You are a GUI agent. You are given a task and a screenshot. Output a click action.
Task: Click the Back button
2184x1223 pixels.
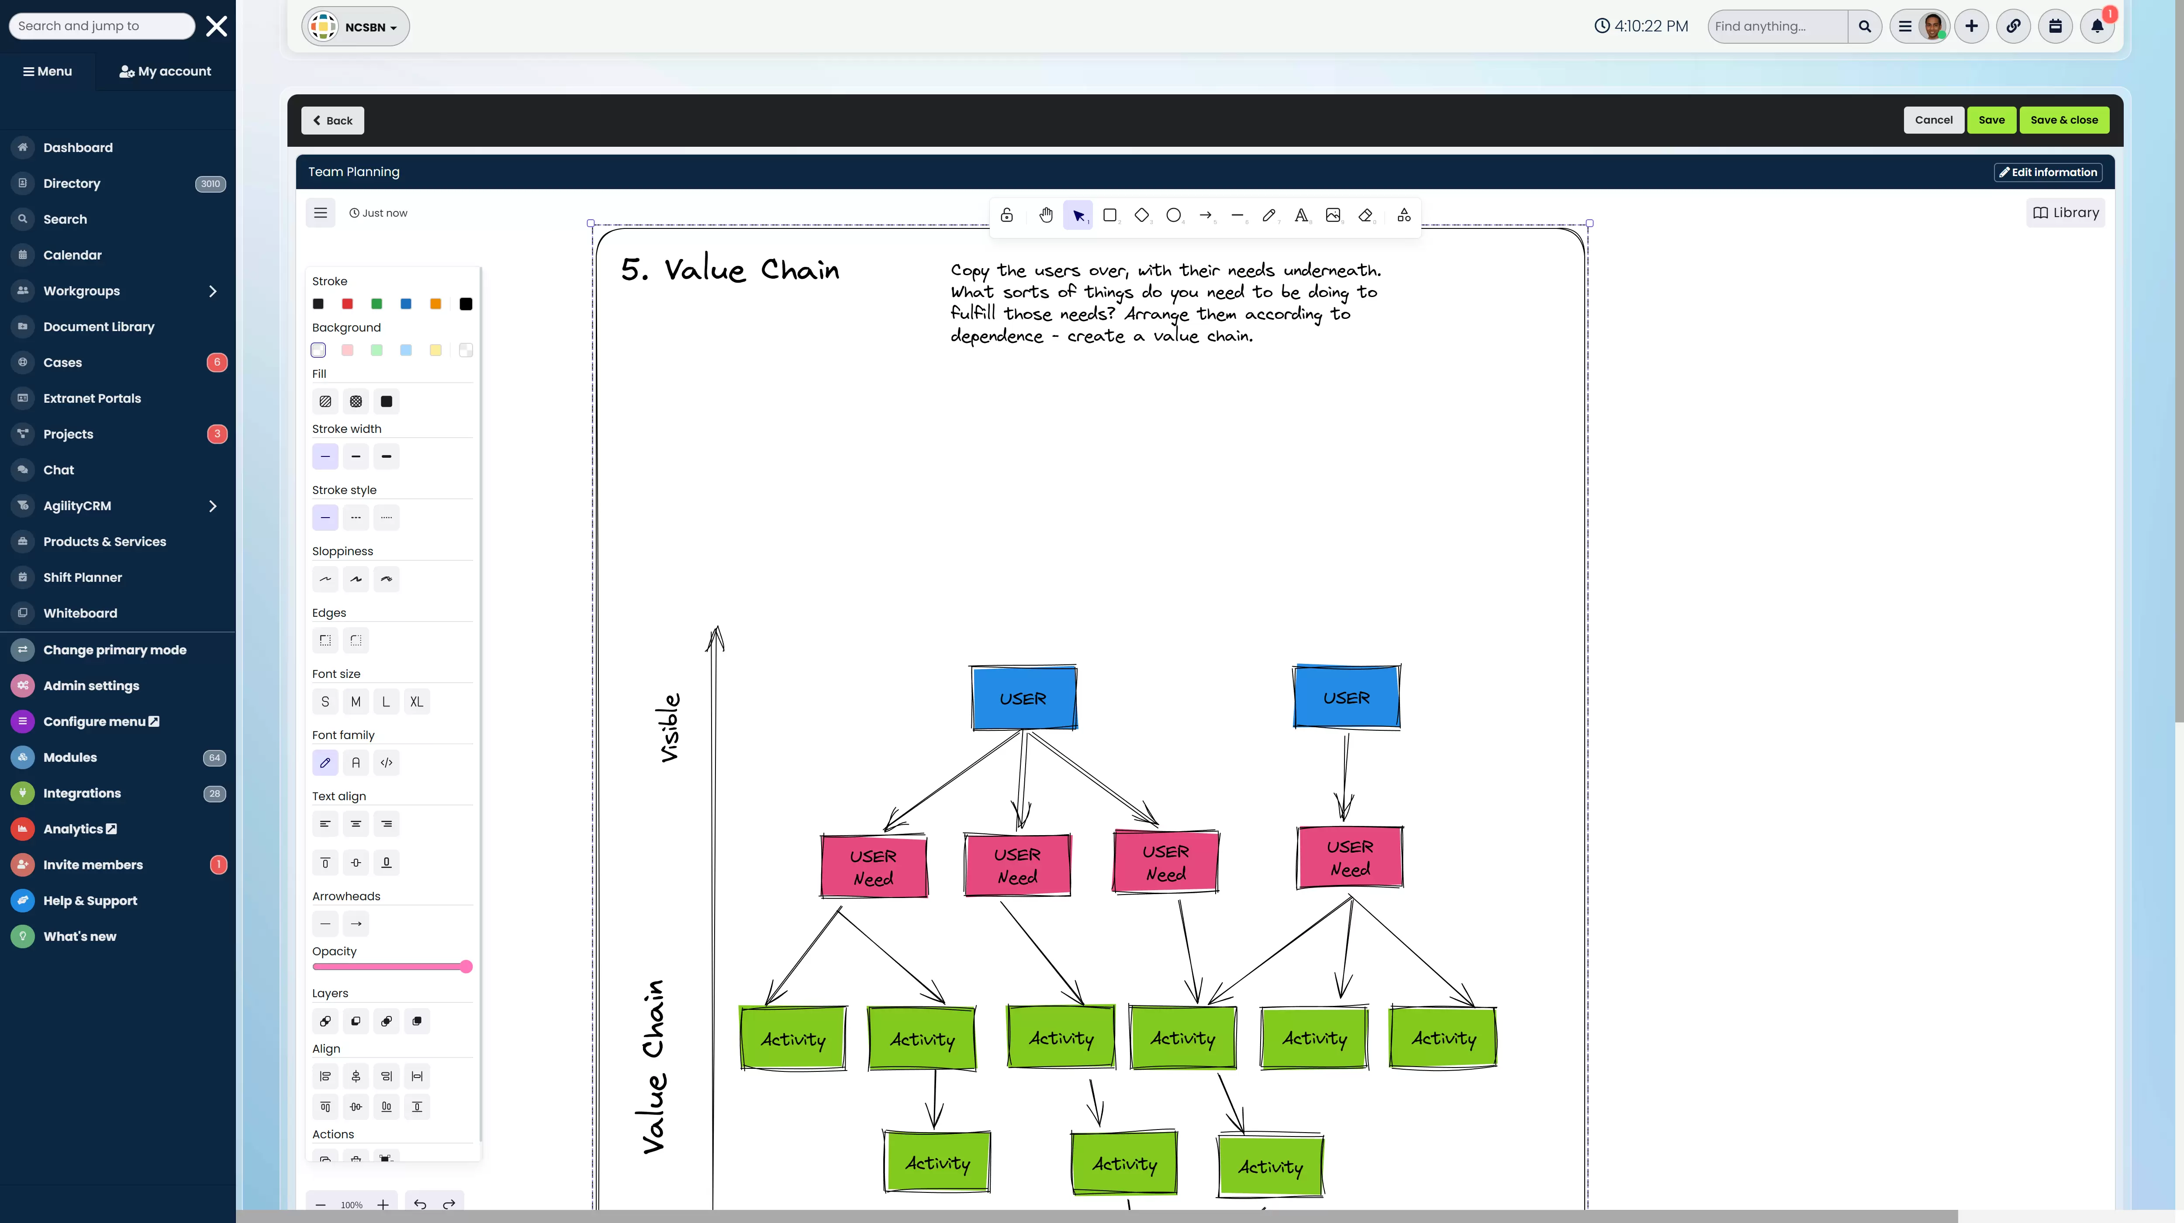click(x=332, y=121)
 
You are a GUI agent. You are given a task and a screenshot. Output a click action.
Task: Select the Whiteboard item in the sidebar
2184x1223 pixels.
click(x=80, y=613)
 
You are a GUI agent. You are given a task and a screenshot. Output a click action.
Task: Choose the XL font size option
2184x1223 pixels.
click(x=416, y=702)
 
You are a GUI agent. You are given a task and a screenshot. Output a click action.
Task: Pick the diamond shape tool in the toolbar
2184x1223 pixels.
click(x=1141, y=215)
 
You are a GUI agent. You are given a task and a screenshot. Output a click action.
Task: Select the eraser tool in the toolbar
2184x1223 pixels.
click(x=1365, y=215)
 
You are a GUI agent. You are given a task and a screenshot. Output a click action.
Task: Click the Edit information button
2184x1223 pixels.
click(x=2048, y=172)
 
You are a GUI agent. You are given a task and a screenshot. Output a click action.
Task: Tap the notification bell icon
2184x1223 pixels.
click(x=2097, y=26)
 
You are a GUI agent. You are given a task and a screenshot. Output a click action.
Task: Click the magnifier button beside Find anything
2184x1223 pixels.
click(x=1864, y=26)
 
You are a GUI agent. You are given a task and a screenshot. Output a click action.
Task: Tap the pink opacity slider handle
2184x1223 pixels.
click(x=466, y=967)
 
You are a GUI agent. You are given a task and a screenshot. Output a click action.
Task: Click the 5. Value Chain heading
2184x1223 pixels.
click(x=730, y=269)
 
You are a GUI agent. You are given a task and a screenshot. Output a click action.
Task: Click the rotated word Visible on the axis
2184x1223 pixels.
click(x=669, y=727)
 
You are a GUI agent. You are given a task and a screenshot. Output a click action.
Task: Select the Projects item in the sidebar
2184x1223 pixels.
click(x=68, y=434)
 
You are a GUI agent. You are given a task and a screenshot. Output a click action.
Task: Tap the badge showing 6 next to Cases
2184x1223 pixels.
click(x=217, y=363)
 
